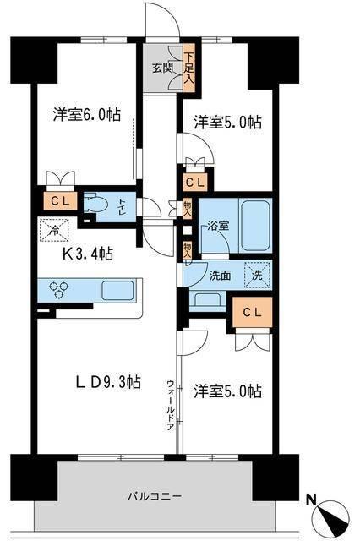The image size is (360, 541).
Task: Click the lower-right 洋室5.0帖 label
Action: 226,391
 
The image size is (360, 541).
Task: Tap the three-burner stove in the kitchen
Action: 60,291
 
